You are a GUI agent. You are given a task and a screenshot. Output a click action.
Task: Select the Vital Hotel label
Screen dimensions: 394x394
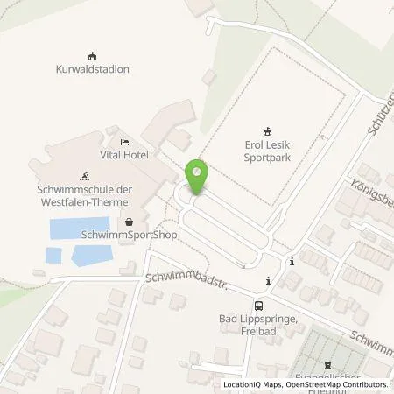125,154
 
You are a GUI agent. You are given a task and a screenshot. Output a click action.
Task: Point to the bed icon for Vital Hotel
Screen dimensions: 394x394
124,141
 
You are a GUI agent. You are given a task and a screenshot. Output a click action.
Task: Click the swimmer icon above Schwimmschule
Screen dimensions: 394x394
85,173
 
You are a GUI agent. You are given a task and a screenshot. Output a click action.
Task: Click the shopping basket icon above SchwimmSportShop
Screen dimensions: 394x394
130,222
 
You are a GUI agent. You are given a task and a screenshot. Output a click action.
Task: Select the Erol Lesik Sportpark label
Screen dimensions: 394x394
270,152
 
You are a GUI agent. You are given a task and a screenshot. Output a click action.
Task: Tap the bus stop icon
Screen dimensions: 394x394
258,306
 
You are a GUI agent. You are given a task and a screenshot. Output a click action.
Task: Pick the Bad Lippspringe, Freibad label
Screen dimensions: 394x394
259,327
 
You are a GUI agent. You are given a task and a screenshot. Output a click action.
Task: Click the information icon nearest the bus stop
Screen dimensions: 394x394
268,280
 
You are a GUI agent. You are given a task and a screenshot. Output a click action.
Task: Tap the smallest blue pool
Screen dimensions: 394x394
53,256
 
